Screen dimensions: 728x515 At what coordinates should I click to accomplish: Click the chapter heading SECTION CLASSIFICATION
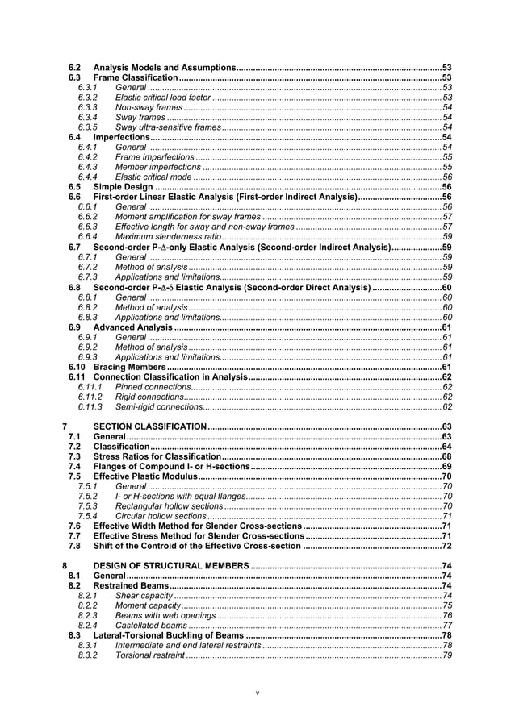pos(149,426)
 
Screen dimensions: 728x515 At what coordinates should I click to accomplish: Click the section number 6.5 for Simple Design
pos(74,187)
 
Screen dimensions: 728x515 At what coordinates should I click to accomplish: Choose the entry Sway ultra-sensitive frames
pos(168,127)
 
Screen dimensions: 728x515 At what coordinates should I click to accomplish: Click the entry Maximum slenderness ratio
pos(168,237)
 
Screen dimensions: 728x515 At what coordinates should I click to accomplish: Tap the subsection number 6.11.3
pos(90,407)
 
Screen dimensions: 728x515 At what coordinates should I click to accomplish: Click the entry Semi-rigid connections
pos(159,407)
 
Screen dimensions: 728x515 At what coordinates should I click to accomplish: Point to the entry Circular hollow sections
pos(161,516)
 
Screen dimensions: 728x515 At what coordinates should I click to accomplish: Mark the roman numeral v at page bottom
pos(257,693)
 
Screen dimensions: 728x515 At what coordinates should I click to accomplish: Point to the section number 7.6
pos(74,526)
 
